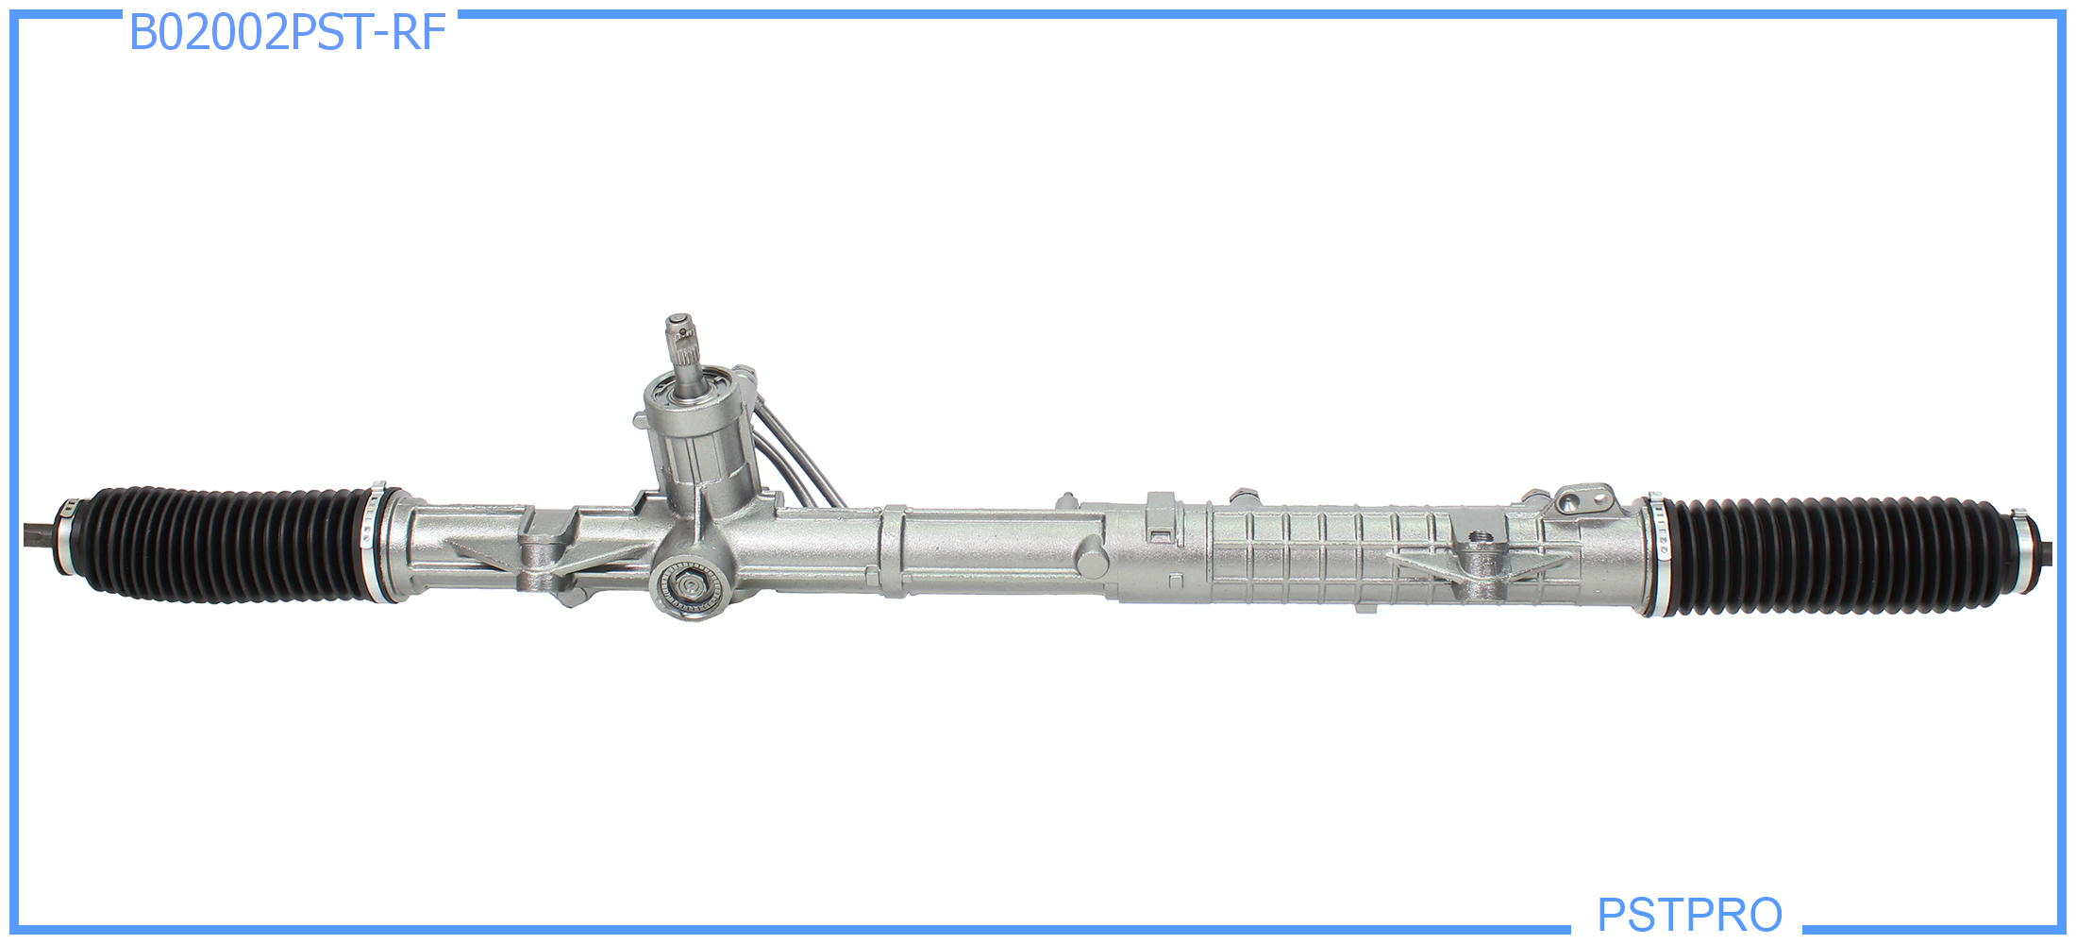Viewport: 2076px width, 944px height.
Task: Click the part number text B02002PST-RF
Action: [x=287, y=33]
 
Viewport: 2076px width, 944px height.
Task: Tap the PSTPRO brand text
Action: [x=1689, y=914]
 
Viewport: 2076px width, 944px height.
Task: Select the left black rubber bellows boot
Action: [x=226, y=544]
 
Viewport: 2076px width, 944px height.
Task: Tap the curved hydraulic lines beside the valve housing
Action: [x=797, y=453]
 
